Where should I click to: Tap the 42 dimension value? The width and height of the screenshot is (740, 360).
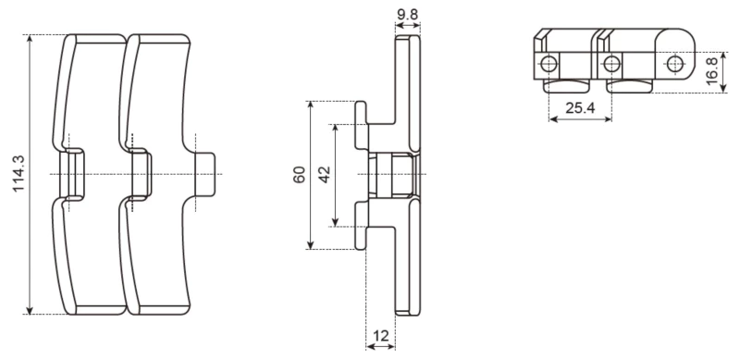(x=325, y=175)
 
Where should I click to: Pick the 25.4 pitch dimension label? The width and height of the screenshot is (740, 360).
(x=579, y=108)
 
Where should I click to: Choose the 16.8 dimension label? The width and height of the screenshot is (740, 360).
(x=712, y=70)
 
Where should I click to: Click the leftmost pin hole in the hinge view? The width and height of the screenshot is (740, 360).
(x=549, y=63)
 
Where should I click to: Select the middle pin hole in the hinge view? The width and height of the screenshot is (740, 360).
(x=610, y=63)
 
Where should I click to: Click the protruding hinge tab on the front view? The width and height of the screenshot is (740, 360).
(x=208, y=174)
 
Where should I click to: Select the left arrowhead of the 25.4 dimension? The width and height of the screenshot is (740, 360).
(x=552, y=119)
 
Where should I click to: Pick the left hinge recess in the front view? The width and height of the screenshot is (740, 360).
(x=70, y=174)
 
